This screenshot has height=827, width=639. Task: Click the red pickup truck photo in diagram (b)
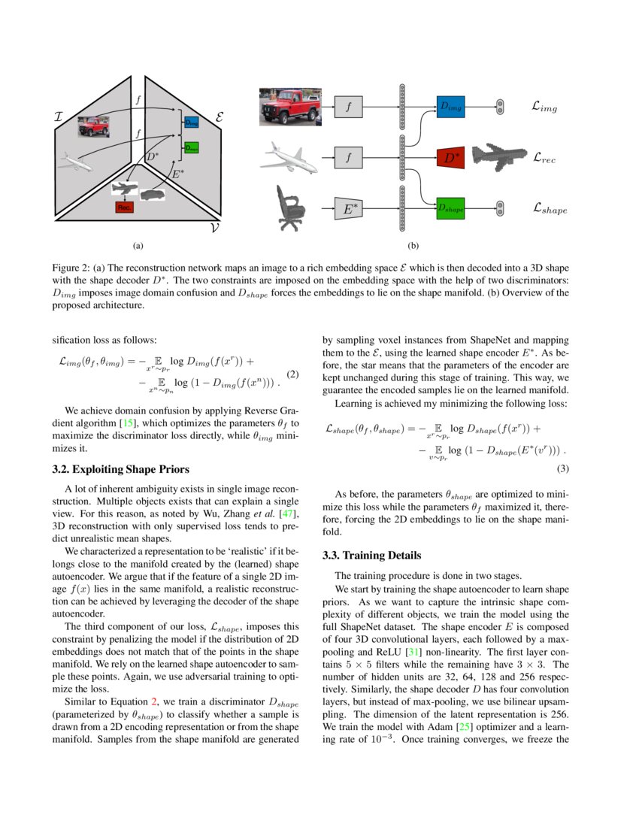click(289, 107)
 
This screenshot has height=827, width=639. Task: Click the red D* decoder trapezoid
click(451, 158)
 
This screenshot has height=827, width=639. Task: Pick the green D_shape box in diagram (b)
click(451, 208)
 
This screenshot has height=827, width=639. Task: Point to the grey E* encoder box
click(348, 208)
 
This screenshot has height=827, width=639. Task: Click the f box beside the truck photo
click(348, 108)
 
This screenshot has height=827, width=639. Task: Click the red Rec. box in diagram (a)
click(124, 207)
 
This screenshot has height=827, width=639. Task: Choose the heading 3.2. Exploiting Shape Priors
click(115, 470)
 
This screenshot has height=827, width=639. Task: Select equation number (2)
click(294, 374)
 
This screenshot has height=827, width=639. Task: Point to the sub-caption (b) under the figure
click(413, 245)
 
